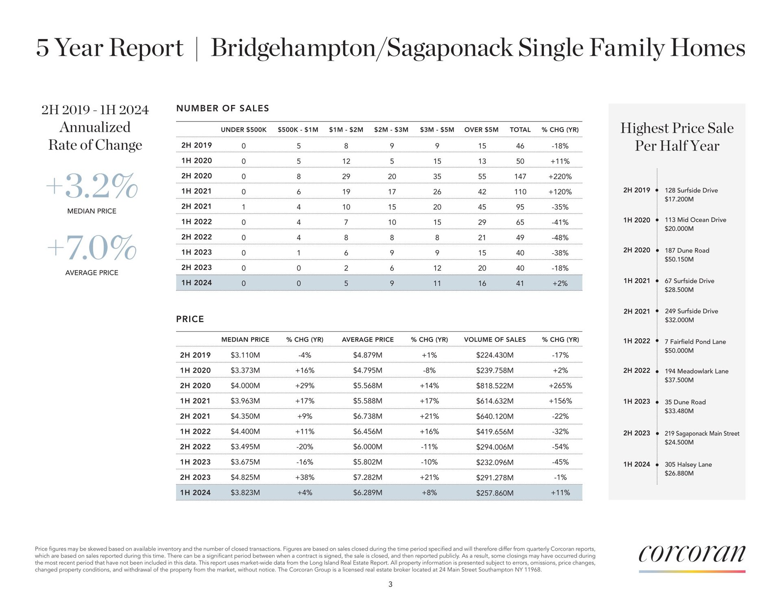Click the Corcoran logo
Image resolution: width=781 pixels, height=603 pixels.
click(692, 554)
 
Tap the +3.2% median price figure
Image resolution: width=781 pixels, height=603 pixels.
click(92, 187)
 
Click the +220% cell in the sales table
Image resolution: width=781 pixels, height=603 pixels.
click(560, 176)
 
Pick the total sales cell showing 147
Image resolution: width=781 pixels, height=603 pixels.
click(520, 176)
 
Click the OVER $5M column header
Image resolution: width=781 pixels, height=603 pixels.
click(481, 130)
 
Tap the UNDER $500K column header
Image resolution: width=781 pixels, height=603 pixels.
click(243, 130)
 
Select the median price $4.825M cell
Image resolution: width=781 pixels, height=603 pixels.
click(245, 477)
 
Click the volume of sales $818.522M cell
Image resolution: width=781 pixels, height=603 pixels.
click(495, 386)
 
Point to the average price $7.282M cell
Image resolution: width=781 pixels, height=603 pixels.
click(367, 477)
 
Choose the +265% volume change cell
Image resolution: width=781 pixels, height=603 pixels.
click(560, 386)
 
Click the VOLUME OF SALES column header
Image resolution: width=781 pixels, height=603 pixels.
click(495, 340)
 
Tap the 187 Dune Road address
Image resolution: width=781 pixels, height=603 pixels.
click(687, 250)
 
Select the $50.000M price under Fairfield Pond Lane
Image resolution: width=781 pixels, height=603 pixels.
click(679, 350)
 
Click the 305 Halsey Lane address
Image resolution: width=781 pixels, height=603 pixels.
click(688, 464)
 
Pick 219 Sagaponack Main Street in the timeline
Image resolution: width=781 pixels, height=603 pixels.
click(702, 433)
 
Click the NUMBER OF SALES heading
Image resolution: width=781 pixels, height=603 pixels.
click(223, 109)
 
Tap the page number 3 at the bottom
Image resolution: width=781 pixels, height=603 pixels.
click(390, 585)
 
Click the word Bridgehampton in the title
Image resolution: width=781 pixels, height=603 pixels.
click(293, 48)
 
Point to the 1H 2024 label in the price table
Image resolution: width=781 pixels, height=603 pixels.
click(195, 492)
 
